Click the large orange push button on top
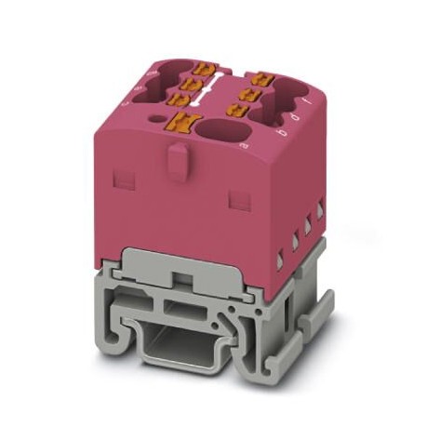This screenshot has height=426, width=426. (x=180, y=119)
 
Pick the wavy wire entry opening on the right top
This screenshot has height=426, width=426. (x=287, y=100)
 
